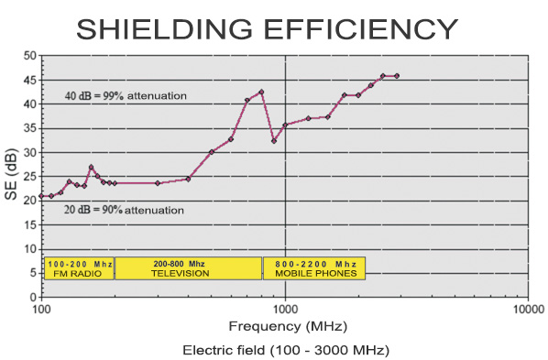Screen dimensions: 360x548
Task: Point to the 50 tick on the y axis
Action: (x=30, y=56)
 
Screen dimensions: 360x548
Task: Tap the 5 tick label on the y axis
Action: (x=33, y=273)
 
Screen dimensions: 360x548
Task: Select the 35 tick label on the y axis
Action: (x=30, y=128)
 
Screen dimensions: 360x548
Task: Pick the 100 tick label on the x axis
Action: (x=42, y=309)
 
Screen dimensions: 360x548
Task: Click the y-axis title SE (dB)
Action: (x=11, y=176)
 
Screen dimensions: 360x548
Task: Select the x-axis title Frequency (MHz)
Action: (x=284, y=326)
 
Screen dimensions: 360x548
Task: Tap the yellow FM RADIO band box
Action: (x=79, y=267)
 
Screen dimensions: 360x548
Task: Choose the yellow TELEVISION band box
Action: (x=188, y=267)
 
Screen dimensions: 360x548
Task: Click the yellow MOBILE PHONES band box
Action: (x=314, y=267)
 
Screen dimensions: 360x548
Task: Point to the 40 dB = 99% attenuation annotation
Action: (x=126, y=95)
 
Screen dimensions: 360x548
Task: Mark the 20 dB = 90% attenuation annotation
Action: (x=125, y=210)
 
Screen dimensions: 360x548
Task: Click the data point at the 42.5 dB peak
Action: (x=261, y=92)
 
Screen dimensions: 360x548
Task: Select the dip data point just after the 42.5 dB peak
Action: (x=274, y=141)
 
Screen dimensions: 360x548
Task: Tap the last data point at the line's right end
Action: (x=397, y=76)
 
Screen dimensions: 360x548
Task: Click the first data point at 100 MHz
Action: (x=42, y=196)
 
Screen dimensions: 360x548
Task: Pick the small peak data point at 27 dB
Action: (x=91, y=167)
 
